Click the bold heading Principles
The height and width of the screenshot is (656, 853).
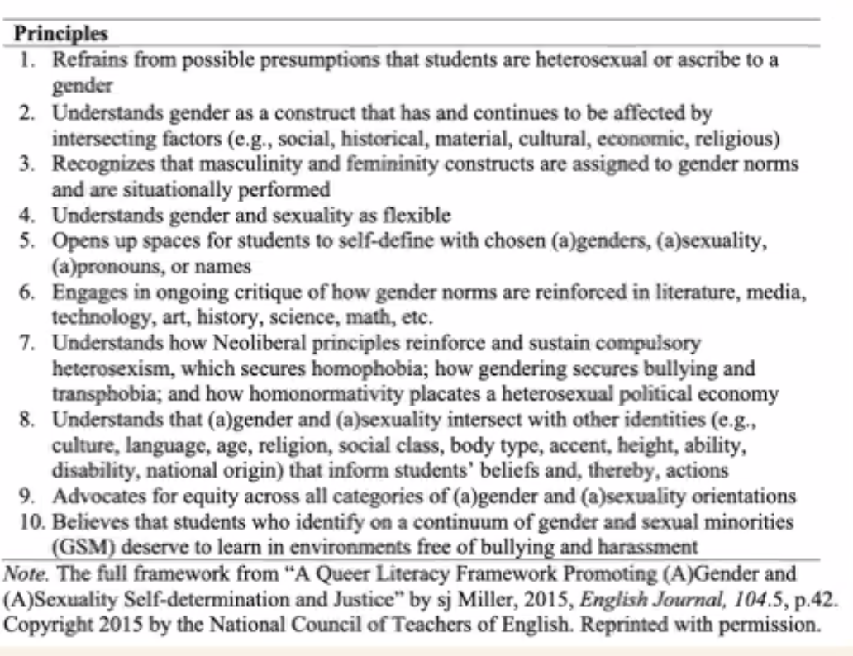[x=62, y=35]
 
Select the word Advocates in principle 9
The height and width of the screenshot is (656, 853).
[x=90, y=497]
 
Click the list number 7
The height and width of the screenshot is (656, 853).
[x=28, y=344]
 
